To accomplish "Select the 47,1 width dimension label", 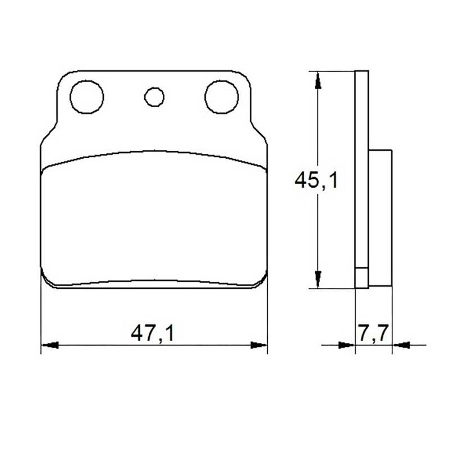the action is coord(152,333).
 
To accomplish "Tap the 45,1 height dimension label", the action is coord(316,180).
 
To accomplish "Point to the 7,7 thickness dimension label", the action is coord(373,333).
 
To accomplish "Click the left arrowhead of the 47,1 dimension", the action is coord(50,345).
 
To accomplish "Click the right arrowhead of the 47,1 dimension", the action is coord(259,345).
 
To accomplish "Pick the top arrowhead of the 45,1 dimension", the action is coord(318,80).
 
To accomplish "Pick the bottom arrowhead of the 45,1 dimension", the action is coord(318,280).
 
